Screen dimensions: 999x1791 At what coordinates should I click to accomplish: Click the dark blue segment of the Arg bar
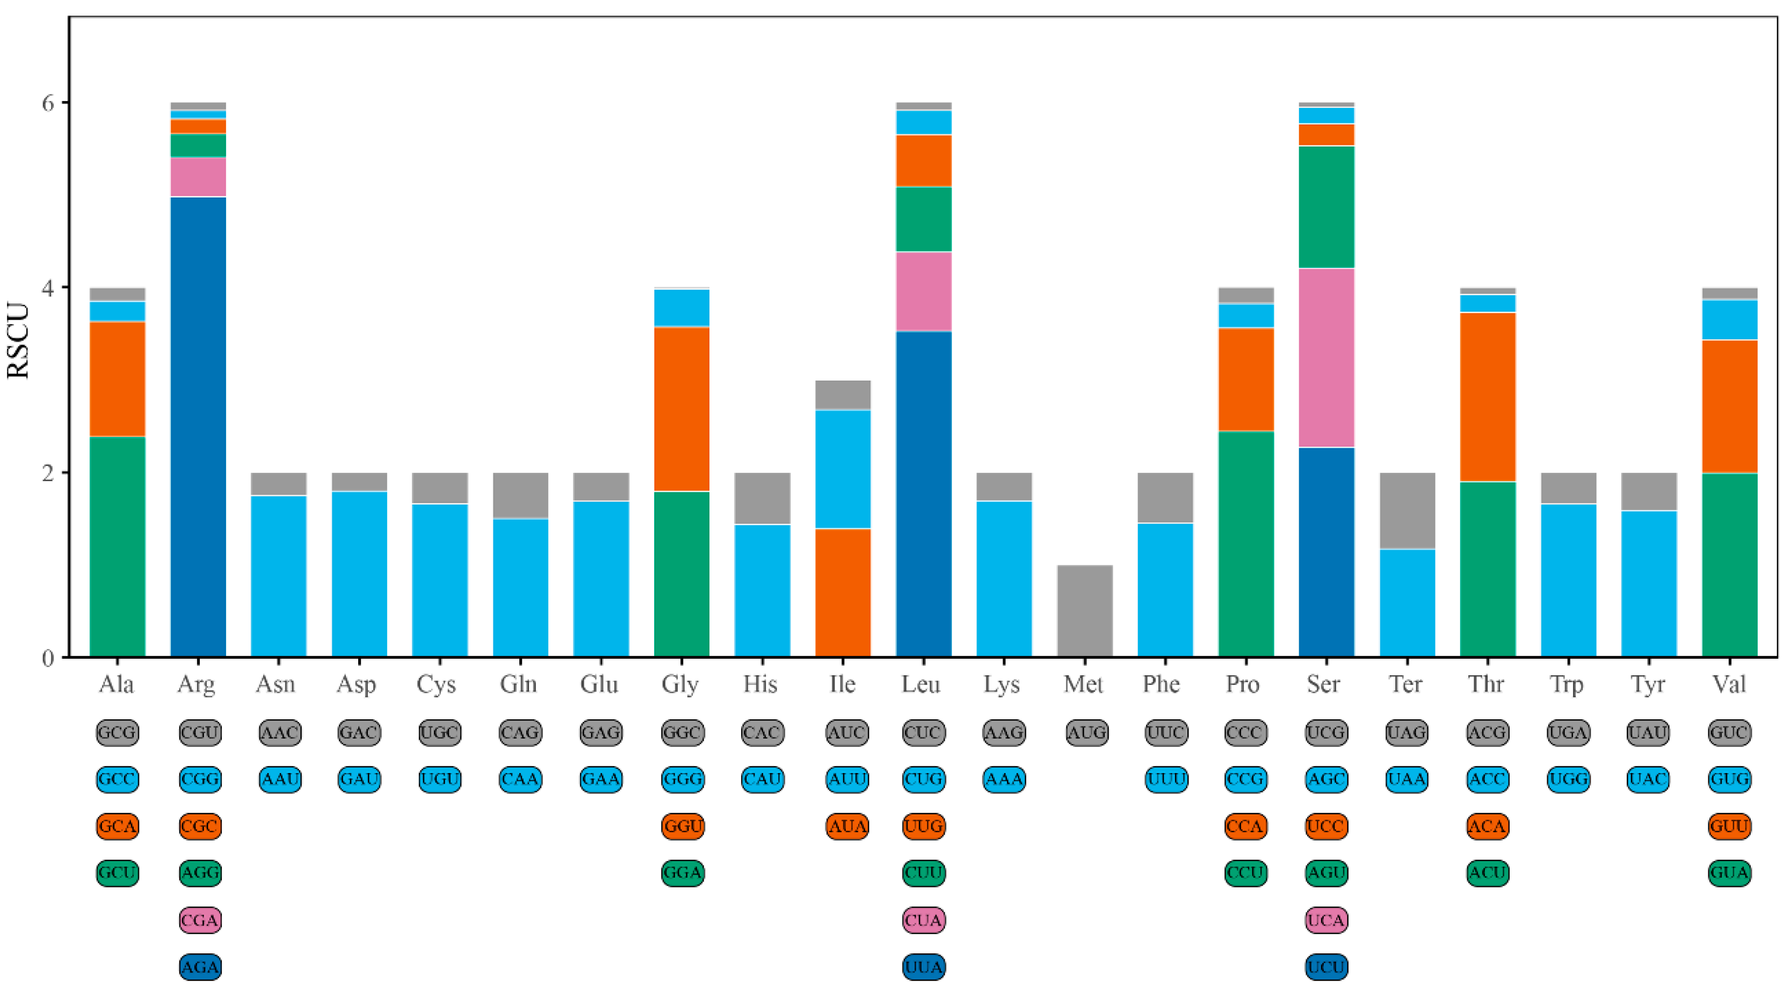click(x=198, y=427)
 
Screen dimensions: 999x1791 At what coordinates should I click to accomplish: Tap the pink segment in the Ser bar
click(x=1326, y=358)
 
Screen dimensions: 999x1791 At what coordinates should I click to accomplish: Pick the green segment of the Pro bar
click(x=1246, y=544)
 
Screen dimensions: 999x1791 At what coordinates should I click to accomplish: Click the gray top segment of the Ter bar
click(x=1407, y=511)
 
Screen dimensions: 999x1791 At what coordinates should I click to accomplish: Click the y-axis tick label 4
click(x=47, y=287)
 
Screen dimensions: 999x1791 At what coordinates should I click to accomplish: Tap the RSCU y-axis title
click(x=18, y=341)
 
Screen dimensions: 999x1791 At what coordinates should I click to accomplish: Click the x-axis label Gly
click(x=679, y=685)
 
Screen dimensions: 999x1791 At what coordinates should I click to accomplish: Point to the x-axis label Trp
click(x=1566, y=685)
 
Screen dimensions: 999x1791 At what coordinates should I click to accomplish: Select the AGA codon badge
click(x=200, y=966)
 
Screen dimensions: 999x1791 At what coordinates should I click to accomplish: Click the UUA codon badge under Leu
click(x=923, y=966)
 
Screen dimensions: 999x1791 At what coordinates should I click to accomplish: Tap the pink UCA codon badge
click(x=1326, y=920)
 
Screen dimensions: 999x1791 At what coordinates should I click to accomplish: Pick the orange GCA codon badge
click(x=118, y=826)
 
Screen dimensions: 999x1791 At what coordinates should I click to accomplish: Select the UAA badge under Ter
click(x=1406, y=778)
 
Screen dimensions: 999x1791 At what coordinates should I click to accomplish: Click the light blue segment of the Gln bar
click(x=520, y=587)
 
